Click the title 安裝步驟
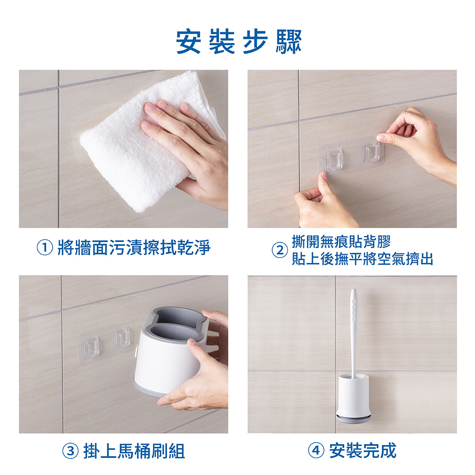(239, 41)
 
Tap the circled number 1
(45, 247)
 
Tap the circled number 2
(280, 250)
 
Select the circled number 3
(70, 451)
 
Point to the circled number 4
(316, 450)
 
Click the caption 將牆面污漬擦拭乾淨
(134, 247)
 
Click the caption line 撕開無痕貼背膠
(341, 241)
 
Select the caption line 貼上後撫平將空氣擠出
(362, 259)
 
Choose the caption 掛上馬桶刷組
(134, 451)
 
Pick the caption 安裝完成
(362, 450)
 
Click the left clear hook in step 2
(333, 160)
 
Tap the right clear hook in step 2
(371, 152)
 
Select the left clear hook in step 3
(91, 347)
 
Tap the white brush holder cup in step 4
(353, 395)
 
